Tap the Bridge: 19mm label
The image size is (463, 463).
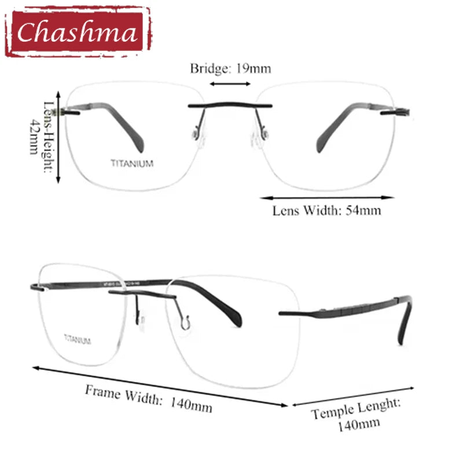pyautogui.click(x=230, y=68)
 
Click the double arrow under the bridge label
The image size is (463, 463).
pyautogui.click(x=230, y=84)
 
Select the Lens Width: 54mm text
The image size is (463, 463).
pyautogui.click(x=326, y=211)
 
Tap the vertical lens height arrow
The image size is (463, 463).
pyautogui.click(x=58, y=137)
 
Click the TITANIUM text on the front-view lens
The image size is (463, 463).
pyautogui.click(x=133, y=164)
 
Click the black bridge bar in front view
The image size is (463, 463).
pyautogui.click(x=230, y=106)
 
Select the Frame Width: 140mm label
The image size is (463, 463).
pyautogui.click(x=149, y=398)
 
